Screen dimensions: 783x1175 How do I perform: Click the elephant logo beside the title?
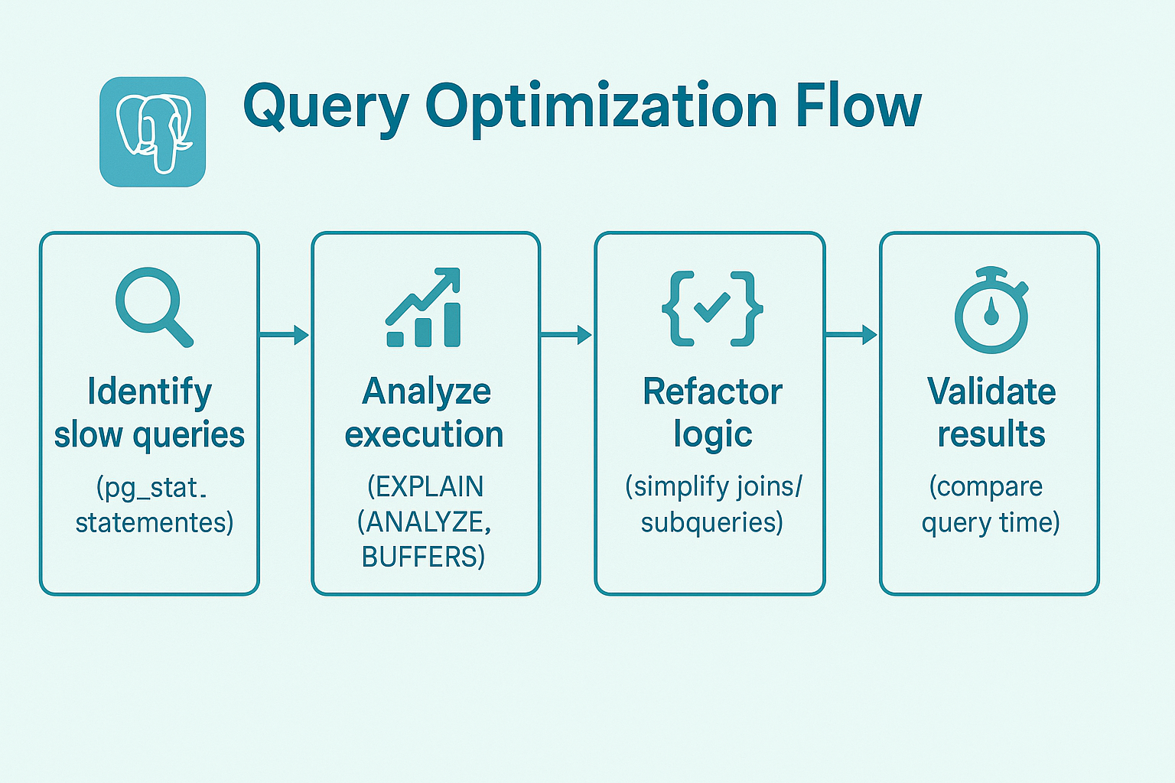(153, 132)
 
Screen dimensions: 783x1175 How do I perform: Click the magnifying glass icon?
(153, 306)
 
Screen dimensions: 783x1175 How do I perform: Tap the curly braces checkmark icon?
(712, 307)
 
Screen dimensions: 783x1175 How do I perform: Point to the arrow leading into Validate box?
(851, 335)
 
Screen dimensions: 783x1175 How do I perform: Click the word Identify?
(149, 392)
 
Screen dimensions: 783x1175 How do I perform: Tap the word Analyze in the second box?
(426, 392)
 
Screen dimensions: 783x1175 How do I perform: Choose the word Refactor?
(712, 391)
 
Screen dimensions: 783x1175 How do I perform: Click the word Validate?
(991, 391)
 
